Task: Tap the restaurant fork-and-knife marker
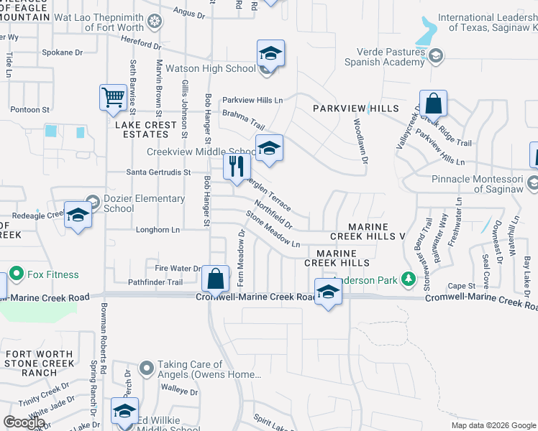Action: pos(236,167)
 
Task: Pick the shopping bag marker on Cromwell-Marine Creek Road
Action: pos(216,278)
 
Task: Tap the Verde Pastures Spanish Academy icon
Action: pos(435,55)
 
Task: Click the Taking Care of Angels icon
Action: pos(147,370)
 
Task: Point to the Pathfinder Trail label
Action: pos(155,282)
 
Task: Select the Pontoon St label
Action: pos(29,110)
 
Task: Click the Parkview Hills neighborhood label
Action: pos(355,108)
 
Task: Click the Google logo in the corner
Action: pos(24,422)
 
